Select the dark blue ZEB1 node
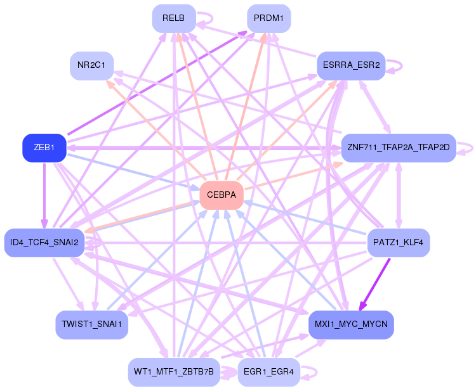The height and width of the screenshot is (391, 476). coord(44,148)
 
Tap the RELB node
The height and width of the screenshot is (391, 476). coord(173,18)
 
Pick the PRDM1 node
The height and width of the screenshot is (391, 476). coord(268,18)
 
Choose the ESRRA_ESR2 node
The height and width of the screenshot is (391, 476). coord(351,65)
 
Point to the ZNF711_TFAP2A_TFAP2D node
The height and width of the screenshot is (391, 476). coord(399,148)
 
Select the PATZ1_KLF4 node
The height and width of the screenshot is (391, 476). coord(399,242)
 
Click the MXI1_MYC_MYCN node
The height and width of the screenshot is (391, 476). coord(351,324)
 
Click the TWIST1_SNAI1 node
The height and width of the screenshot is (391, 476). coord(92,324)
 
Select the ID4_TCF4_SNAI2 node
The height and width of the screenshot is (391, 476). coord(44,242)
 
